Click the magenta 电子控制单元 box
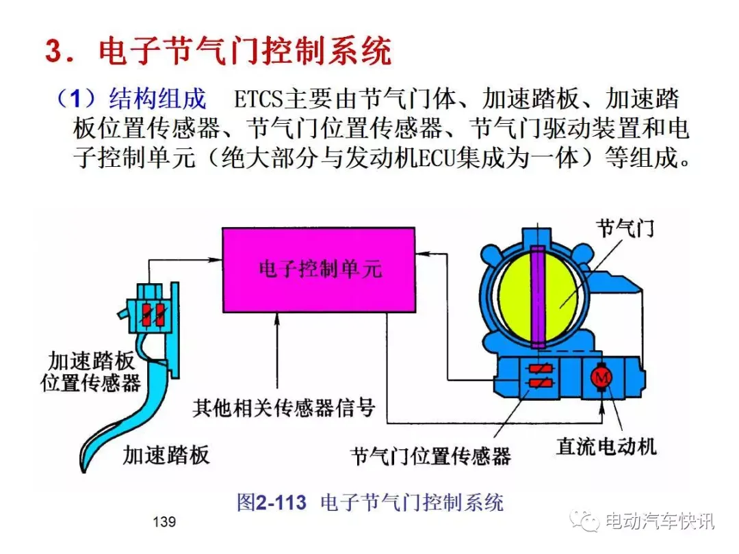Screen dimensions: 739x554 (x=319, y=270)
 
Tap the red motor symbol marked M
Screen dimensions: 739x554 (x=601, y=377)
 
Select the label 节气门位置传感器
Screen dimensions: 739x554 (x=431, y=456)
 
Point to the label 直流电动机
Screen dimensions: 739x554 (x=606, y=446)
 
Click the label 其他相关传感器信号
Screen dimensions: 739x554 (x=284, y=408)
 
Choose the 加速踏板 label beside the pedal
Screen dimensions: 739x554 (x=166, y=455)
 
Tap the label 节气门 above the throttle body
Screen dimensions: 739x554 (x=625, y=228)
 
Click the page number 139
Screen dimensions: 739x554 (x=164, y=522)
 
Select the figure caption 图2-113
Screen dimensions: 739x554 (x=272, y=503)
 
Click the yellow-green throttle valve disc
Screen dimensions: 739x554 (x=537, y=297)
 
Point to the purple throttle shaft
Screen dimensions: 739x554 (x=538, y=297)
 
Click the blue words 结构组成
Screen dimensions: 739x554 (x=157, y=99)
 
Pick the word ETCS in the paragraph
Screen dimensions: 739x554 (x=257, y=100)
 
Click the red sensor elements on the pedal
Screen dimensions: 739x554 (x=153, y=314)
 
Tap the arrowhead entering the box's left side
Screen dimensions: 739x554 (x=216, y=259)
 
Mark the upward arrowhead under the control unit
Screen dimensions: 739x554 (x=277, y=319)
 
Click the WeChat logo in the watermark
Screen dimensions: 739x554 (x=584, y=520)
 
